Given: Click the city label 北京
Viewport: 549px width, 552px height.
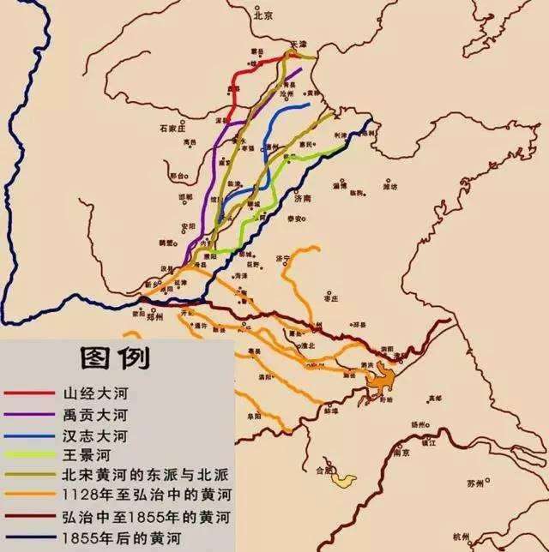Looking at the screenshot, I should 262,15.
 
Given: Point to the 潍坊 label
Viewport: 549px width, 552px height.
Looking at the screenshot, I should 389,184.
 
